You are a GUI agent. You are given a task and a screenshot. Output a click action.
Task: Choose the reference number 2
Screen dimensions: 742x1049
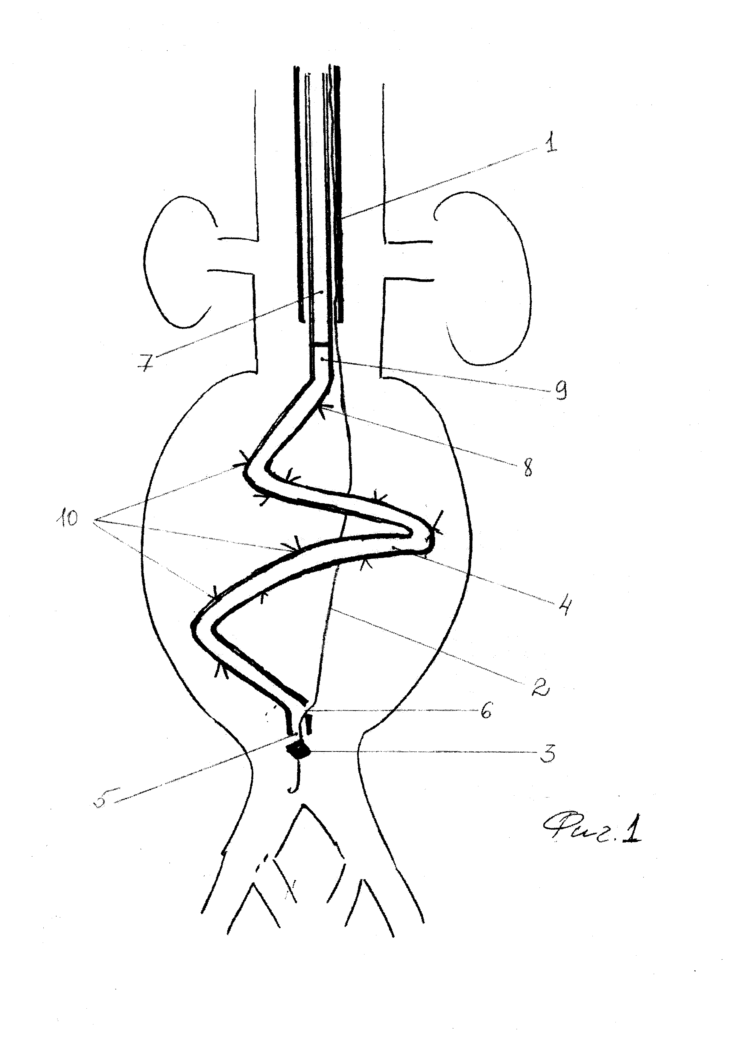click(539, 696)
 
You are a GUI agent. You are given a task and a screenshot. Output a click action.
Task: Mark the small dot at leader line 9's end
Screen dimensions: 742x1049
click(323, 360)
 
